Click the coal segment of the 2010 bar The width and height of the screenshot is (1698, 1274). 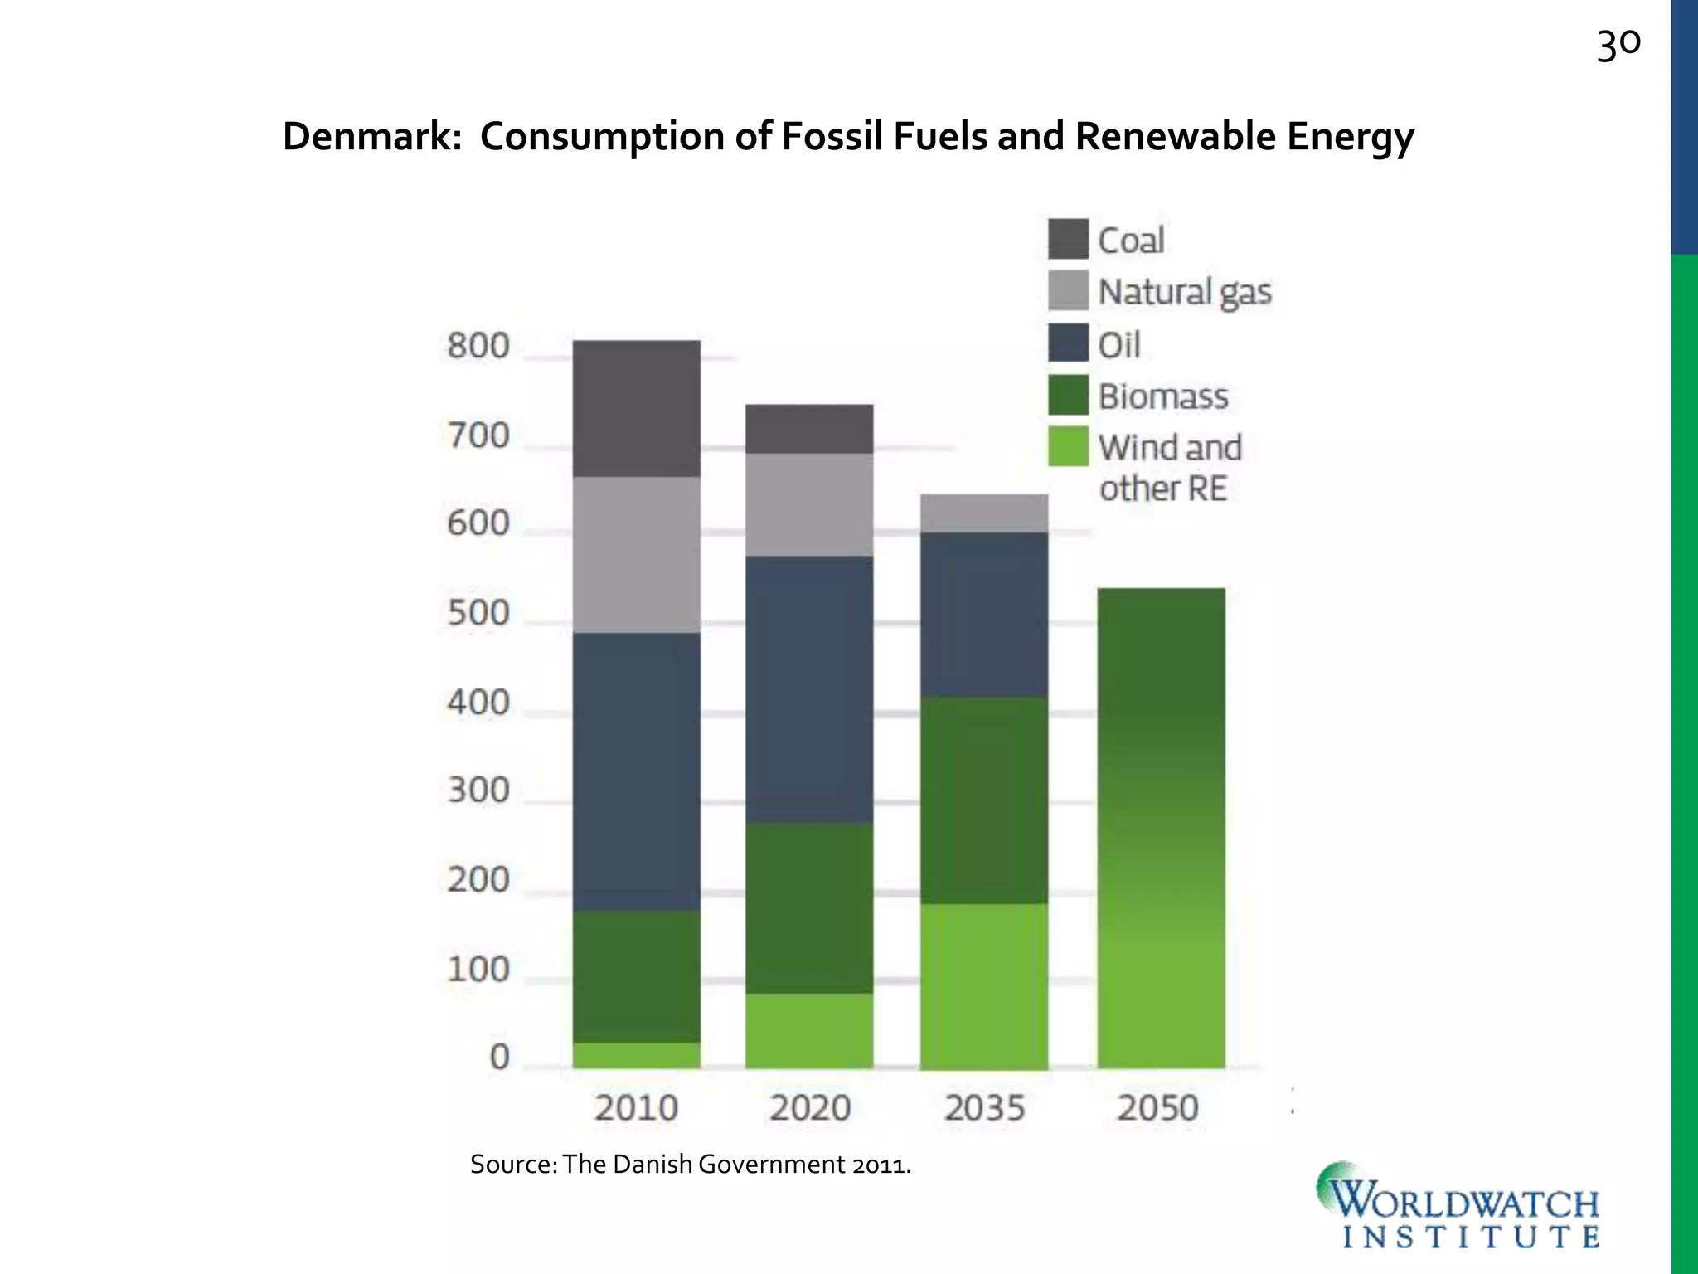tap(636, 408)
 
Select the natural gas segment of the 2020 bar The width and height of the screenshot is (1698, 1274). tap(808, 504)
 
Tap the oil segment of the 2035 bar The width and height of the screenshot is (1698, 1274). tap(984, 614)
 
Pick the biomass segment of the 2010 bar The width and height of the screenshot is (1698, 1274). tap(636, 976)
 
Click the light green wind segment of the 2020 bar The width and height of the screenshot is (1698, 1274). tap(808, 1030)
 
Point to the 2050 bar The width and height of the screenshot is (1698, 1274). tap(1161, 828)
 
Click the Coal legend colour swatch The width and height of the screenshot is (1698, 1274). tap(1068, 239)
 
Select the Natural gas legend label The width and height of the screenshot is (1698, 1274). tap(1184, 292)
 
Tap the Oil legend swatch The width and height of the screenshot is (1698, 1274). tap(1068, 343)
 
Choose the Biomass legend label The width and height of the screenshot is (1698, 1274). tap(1163, 396)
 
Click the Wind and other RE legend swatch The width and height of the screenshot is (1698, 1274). tap(1068, 446)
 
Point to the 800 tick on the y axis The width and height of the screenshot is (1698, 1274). tap(478, 346)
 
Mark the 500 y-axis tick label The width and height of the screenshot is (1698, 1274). tap(478, 613)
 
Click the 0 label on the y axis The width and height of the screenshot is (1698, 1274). tap(499, 1057)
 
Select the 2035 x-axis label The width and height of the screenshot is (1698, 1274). tap(984, 1108)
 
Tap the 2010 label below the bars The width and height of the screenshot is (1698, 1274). tap(636, 1108)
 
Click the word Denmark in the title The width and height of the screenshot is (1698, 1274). tap(371, 136)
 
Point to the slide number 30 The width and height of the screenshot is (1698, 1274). tap(1618, 45)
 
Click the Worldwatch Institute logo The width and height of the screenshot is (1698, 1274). tap(1458, 1207)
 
